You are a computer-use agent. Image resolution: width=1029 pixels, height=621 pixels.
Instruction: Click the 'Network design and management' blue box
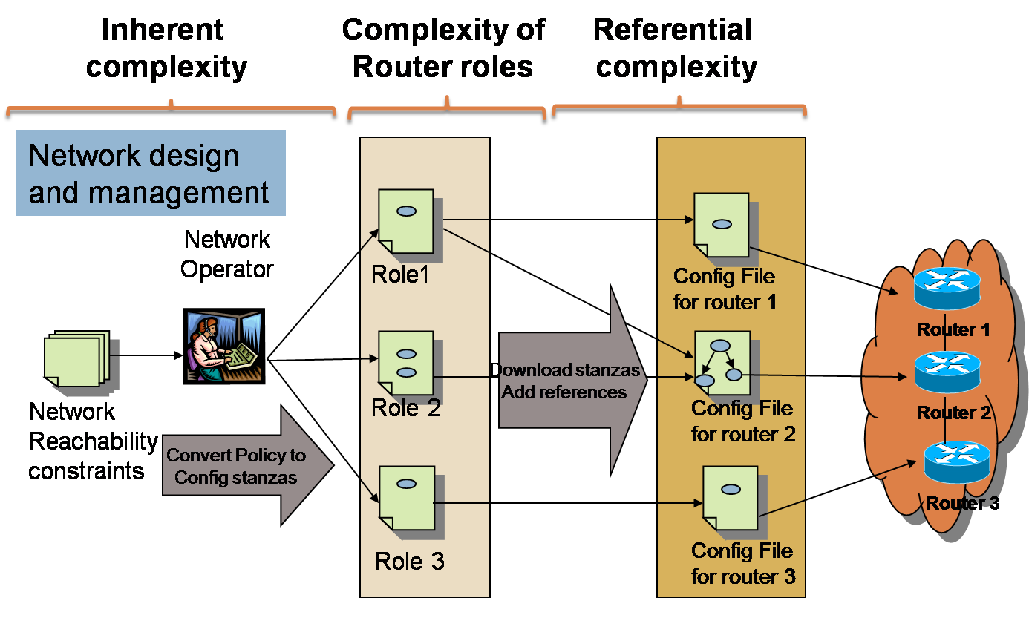click(151, 173)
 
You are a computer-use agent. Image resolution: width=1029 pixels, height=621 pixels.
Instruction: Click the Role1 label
click(400, 275)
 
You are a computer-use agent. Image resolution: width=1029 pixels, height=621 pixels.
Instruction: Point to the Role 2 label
click(406, 408)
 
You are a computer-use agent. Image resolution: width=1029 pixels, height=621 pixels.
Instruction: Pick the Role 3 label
click(410, 561)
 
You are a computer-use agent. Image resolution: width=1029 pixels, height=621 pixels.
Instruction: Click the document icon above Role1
click(406, 221)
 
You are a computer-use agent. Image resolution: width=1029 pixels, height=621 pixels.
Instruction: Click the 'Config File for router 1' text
click(724, 289)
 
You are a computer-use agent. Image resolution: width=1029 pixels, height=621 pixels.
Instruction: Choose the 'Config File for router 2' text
click(742, 421)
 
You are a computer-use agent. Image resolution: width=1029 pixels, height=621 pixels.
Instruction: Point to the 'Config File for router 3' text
click(742, 563)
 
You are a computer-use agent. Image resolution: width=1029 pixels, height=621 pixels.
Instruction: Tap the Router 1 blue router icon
click(947, 288)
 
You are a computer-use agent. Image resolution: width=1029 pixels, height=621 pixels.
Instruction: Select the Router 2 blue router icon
click(947, 372)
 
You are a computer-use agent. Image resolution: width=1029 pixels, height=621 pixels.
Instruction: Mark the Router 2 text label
click(954, 413)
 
